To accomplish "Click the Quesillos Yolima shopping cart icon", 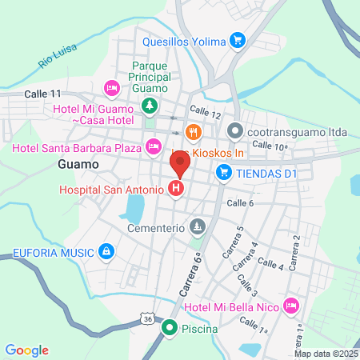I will (237, 40).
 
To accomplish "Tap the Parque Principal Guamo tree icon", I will (149, 105).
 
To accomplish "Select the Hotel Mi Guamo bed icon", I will (112, 86).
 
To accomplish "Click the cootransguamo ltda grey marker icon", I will (234, 130).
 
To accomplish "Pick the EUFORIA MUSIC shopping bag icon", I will (106, 253).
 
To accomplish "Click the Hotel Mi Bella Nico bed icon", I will (292, 305).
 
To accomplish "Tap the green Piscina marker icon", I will (170, 327).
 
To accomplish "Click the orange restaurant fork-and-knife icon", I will (192, 132).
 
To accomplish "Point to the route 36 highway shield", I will (146, 318).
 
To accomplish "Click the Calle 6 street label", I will (240, 203).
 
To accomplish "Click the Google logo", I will (27, 350).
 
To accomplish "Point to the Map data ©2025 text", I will (326, 354).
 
